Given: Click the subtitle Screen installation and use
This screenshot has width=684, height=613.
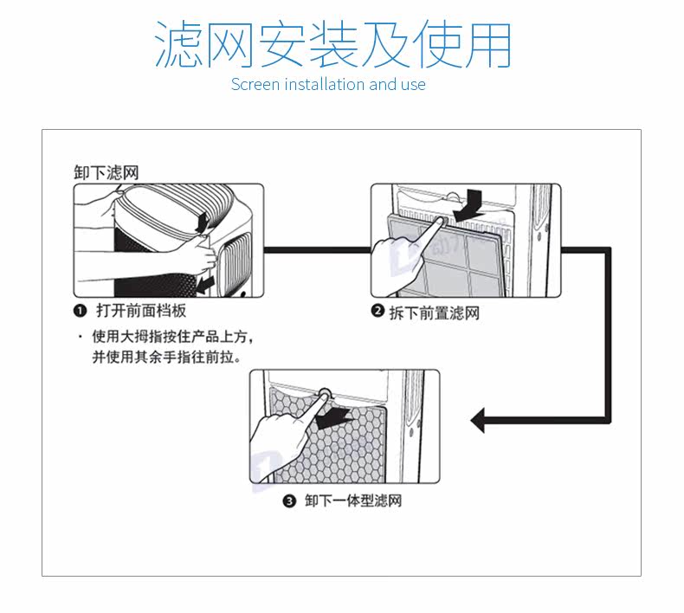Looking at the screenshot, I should [328, 84].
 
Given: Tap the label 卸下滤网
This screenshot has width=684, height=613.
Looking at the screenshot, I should [106, 172].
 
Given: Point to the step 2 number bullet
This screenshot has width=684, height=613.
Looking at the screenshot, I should [377, 312].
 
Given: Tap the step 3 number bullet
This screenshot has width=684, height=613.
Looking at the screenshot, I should [290, 501].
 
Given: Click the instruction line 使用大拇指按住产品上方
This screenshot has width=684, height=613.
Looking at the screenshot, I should [172, 337].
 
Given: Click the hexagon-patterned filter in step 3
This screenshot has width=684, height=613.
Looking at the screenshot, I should [346, 450].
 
